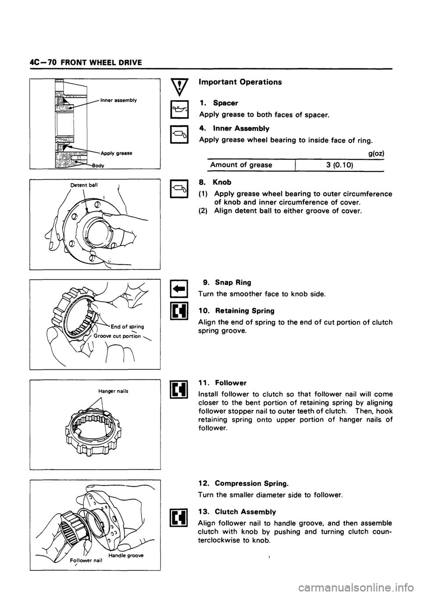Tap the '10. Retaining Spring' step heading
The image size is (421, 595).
coord(236,310)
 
